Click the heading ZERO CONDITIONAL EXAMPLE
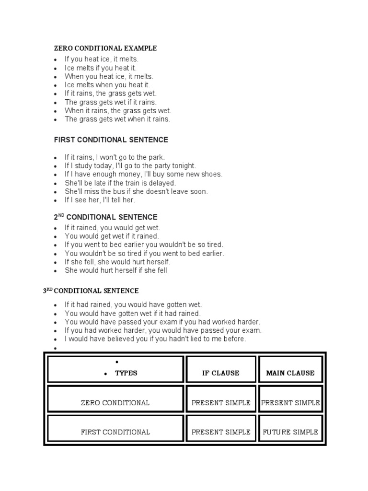(105, 48)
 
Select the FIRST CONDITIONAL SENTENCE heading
(111, 140)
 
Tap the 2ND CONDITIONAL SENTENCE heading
(105, 217)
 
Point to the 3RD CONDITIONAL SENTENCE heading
(91, 291)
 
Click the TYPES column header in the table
(126, 373)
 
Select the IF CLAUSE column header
(220, 373)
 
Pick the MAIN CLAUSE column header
(290, 373)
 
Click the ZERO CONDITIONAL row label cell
(115, 403)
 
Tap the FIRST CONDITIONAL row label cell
(115, 432)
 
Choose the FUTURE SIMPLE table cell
(290, 432)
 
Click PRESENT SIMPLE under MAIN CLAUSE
(290, 403)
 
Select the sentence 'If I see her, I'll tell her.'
(100, 200)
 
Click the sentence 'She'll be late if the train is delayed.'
(120, 183)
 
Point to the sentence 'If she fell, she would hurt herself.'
(117, 262)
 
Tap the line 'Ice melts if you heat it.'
(101, 68)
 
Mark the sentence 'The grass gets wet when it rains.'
(117, 119)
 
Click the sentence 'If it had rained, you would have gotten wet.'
(133, 304)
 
